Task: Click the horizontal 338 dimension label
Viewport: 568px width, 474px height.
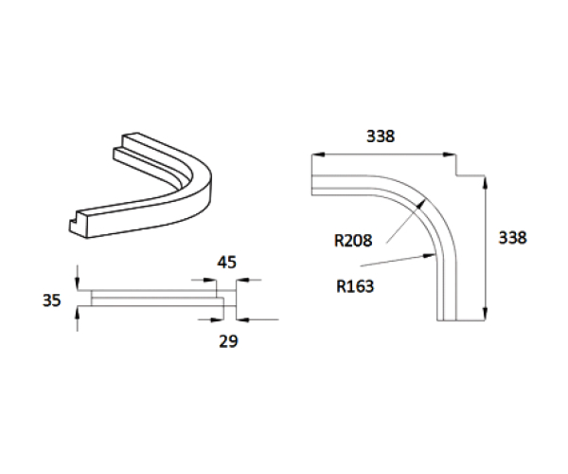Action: tap(380, 136)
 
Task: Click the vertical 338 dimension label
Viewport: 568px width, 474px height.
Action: tap(511, 237)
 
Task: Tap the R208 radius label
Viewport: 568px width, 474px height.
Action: tap(353, 241)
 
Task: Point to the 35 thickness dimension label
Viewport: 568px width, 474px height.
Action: tap(52, 301)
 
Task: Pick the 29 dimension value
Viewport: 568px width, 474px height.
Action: tap(227, 340)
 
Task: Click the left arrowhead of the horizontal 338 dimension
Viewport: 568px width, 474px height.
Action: tap(316, 154)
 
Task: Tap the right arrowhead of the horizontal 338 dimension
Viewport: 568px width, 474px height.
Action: tap(450, 154)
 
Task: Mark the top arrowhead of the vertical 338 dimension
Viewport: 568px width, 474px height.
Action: tap(486, 179)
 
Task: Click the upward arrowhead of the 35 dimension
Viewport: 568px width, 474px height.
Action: tap(78, 312)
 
